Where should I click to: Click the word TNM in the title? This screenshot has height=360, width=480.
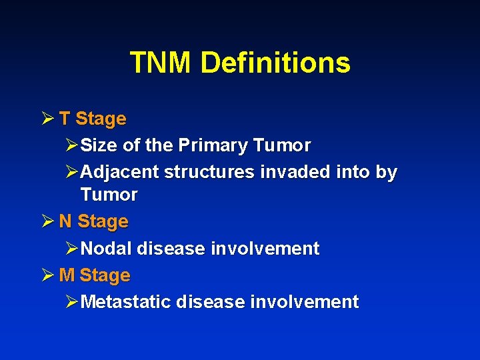(x=161, y=63)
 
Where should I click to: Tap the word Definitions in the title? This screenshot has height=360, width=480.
(x=275, y=63)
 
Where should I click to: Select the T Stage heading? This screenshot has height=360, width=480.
(x=92, y=119)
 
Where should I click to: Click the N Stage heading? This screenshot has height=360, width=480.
(x=93, y=221)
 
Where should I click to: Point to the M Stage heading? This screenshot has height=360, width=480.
(x=95, y=275)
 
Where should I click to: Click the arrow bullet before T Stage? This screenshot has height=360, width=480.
(x=46, y=119)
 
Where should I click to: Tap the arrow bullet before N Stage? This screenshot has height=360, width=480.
(x=46, y=221)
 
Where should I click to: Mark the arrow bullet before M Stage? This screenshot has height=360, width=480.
(x=46, y=275)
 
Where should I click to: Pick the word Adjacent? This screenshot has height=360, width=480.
(x=119, y=172)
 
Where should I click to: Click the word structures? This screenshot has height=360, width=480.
(x=208, y=172)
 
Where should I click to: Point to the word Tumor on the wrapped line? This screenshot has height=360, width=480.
(x=109, y=195)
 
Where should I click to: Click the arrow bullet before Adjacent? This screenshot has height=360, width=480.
(x=72, y=172)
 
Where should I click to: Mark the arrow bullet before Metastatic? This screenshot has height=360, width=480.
(x=72, y=302)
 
